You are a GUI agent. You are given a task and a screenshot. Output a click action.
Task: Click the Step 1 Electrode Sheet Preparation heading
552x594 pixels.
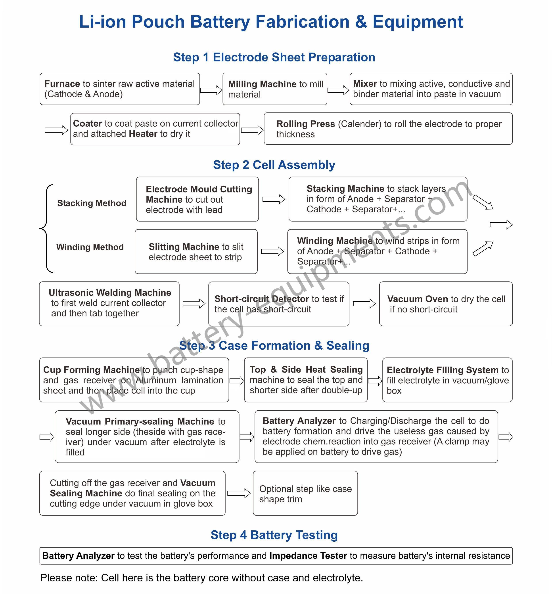274,57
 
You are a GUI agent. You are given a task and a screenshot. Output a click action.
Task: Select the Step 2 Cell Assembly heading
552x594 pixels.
274,165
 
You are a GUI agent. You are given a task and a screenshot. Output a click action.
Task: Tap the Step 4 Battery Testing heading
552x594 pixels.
274,535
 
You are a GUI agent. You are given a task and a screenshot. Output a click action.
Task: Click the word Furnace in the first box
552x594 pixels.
62,84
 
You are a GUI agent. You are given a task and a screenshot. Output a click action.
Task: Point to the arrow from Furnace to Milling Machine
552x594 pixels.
211,90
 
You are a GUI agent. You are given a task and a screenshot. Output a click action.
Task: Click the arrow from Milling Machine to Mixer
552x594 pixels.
338,90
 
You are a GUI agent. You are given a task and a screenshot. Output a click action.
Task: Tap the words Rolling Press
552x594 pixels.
306,124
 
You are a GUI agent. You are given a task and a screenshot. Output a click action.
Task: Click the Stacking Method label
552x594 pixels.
92,203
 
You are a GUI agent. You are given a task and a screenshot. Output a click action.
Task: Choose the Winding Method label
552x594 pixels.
90,247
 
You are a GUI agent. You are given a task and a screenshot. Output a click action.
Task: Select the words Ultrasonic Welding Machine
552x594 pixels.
110,293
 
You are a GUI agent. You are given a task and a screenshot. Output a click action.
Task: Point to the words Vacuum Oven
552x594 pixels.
418,299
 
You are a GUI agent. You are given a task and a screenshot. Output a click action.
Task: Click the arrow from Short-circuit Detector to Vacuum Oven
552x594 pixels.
364,304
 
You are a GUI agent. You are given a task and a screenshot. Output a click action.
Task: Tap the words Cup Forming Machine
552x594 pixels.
91,370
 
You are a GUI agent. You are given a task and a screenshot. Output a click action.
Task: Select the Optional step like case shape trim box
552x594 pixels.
305,493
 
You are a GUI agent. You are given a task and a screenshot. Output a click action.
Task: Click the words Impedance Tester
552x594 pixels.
308,556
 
